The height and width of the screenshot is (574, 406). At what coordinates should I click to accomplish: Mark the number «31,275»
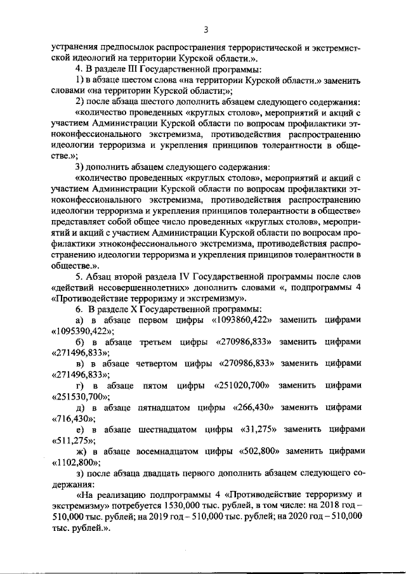click(256, 429)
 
